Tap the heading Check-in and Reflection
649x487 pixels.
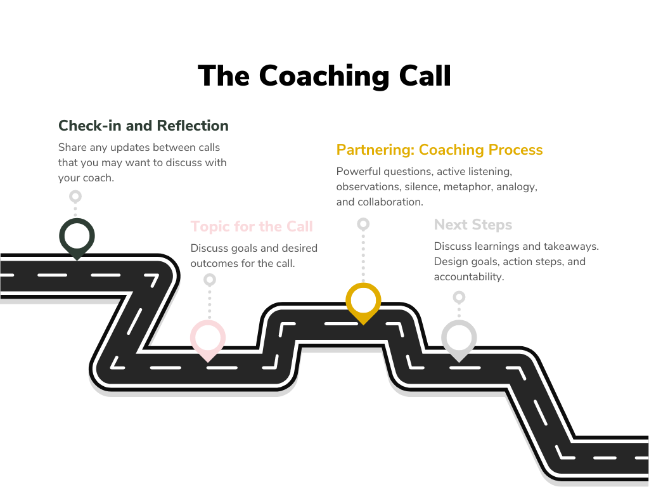tap(143, 126)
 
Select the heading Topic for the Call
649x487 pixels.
tap(252, 226)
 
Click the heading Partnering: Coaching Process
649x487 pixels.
tap(439, 150)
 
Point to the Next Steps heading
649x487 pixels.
tap(473, 224)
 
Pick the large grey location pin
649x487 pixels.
tap(459, 338)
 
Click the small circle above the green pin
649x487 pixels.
tap(75, 197)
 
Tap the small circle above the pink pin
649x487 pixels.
tap(210, 279)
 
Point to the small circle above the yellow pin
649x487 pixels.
tap(363, 224)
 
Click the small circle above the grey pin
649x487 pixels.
tap(459, 296)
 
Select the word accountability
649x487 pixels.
tap(469, 277)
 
